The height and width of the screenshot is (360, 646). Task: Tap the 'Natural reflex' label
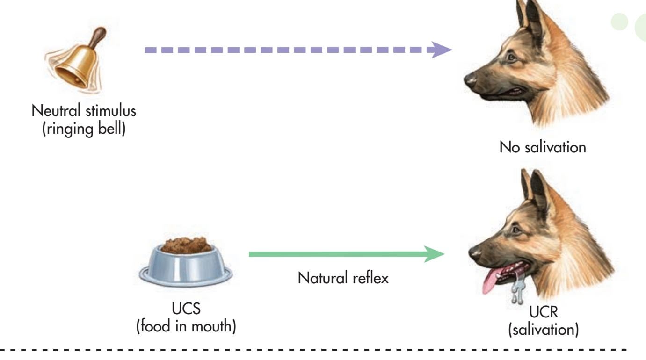[x=343, y=279]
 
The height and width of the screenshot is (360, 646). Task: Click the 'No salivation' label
[x=542, y=148]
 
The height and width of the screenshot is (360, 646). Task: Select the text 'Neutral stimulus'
[x=84, y=112]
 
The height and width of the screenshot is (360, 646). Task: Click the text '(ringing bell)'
[x=84, y=128]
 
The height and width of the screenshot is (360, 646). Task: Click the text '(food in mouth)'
[x=185, y=326]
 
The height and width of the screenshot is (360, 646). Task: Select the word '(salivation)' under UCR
[x=543, y=330]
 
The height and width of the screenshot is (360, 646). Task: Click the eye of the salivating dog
[x=515, y=230]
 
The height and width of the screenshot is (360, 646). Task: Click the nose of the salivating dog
[x=474, y=253]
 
